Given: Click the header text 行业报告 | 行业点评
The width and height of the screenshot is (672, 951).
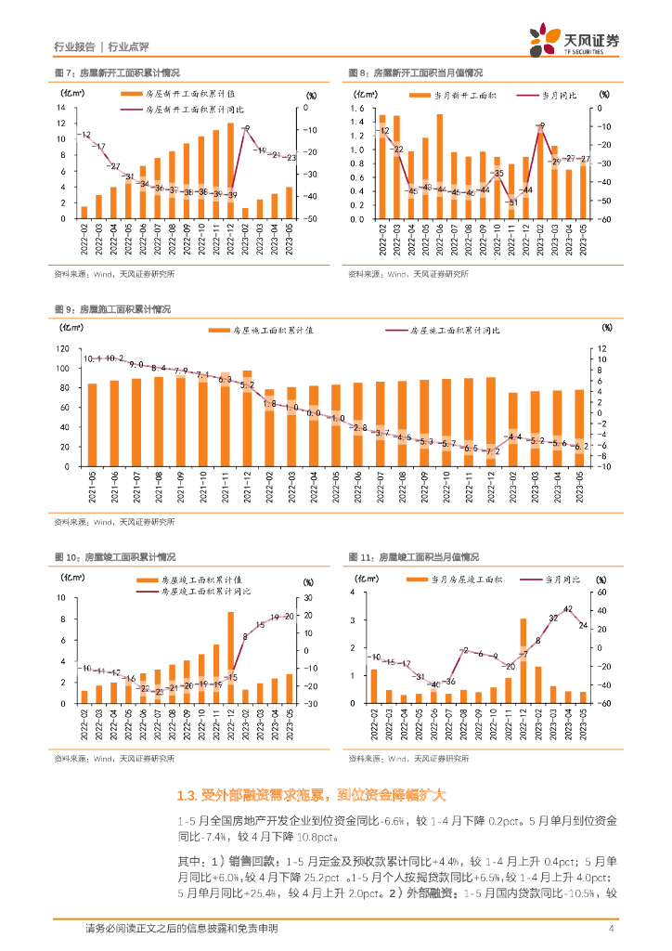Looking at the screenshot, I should (x=101, y=46).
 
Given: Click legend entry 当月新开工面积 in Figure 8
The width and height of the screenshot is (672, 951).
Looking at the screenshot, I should (x=463, y=95).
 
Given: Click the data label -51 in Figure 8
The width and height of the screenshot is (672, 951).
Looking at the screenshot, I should (x=511, y=202).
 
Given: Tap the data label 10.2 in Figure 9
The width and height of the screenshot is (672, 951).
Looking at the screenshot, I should (x=114, y=358).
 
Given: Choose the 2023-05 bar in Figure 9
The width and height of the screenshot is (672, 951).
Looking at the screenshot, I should (x=580, y=427).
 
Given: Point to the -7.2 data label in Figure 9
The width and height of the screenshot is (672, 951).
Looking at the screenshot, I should (x=492, y=450).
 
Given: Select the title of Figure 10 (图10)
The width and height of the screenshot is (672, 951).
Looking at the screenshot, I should (x=115, y=557).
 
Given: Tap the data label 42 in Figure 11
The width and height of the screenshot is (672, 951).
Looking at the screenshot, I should (x=568, y=609).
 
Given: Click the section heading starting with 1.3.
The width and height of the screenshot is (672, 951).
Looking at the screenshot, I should (x=311, y=795).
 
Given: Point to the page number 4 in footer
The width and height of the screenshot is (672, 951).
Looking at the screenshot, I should (x=611, y=929).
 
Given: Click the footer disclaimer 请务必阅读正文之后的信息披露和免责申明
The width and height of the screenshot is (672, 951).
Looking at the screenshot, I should (x=181, y=929).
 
